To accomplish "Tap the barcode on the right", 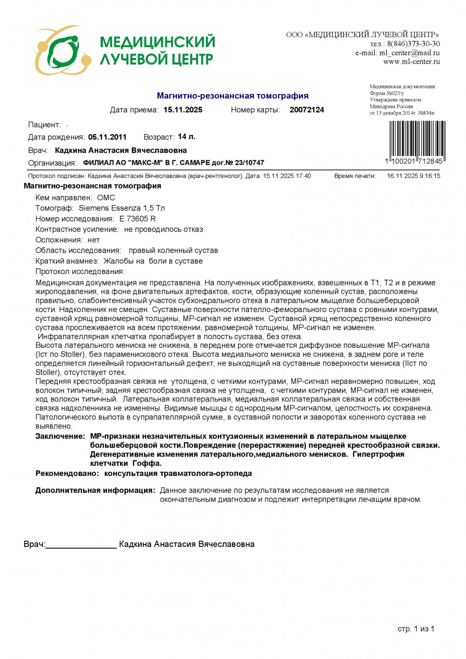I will pyautogui.click(x=417, y=139).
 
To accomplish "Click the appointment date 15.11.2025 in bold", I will pyautogui.click(x=183, y=110).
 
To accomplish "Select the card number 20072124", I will pyautogui.click(x=306, y=110).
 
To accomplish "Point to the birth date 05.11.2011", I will pyautogui.click(x=107, y=137).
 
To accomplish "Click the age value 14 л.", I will pyautogui.click(x=186, y=137).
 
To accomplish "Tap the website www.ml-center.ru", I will pyautogui.click(x=411, y=62).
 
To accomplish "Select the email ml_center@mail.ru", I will pyautogui.click(x=410, y=53).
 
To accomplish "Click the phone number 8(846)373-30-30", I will pyautogui.click(x=414, y=44).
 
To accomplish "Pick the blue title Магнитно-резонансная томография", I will pyautogui.click(x=233, y=96).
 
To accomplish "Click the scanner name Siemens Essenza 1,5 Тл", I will pyautogui.click(x=121, y=208).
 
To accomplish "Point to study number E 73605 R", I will pyautogui.click(x=137, y=218).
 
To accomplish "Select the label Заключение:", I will pyautogui.click(x=60, y=436).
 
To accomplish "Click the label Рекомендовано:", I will pyautogui.click(x=67, y=473).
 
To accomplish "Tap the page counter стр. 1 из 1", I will pyautogui.click(x=416, y=629).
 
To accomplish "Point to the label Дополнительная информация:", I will pyautogui.click(x=95, y=490).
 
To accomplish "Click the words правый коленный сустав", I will pyautogui.click(x=173, y=250).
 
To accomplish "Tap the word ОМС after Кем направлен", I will pyautogui.click(x=106, y=198).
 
